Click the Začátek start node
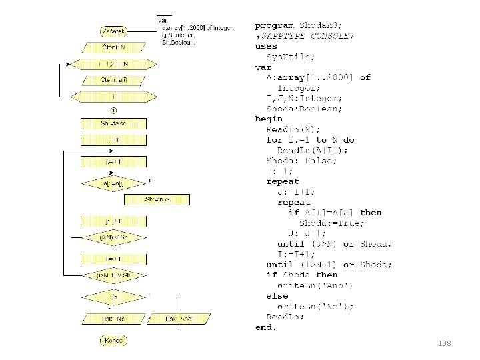114,31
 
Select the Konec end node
114,341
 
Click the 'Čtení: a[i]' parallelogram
113,81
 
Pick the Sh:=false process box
113,123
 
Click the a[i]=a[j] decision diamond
113,183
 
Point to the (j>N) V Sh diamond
113,238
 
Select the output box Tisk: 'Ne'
113,319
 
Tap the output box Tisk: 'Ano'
179,319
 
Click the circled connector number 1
113,110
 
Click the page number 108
445,343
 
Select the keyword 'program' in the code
274,25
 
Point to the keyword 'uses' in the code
266,46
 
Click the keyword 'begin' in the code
269,119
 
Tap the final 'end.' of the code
265,327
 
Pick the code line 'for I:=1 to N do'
310,140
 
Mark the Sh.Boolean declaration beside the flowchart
179,43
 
